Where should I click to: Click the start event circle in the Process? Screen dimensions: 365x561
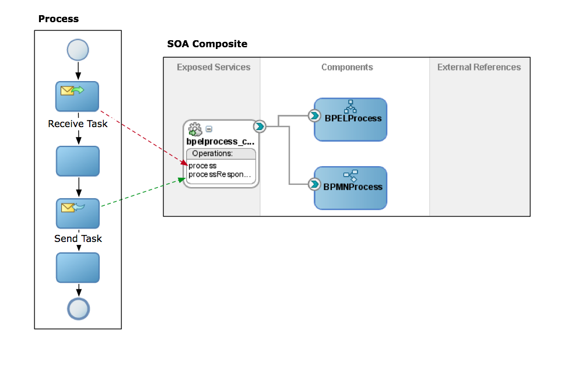coord(78,50)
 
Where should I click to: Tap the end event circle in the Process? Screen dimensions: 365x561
coord(78,308)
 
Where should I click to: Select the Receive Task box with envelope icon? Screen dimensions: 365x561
coord(78,96)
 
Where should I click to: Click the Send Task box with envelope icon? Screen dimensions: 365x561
coord(78,213)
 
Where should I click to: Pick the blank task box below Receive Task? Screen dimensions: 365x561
coord(78,161)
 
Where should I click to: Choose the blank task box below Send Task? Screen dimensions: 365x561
coord(78,268)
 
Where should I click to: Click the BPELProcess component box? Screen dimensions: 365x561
coord(350,120)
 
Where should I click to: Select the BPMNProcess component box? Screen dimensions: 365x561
coord(350,188)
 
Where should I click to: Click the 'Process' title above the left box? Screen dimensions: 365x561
coord(58,19)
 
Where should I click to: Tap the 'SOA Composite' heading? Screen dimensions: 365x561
coord(207,44)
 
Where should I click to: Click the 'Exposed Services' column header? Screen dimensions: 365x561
coord(213,67)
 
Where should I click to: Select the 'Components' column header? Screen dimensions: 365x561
coord(347,67)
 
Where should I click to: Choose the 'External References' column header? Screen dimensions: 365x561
coord(479,67)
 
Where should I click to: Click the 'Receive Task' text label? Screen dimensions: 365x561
coord(78,124)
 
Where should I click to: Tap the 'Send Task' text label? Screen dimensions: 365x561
coord(78,238)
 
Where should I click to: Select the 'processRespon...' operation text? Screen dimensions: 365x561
coord(220,174)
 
